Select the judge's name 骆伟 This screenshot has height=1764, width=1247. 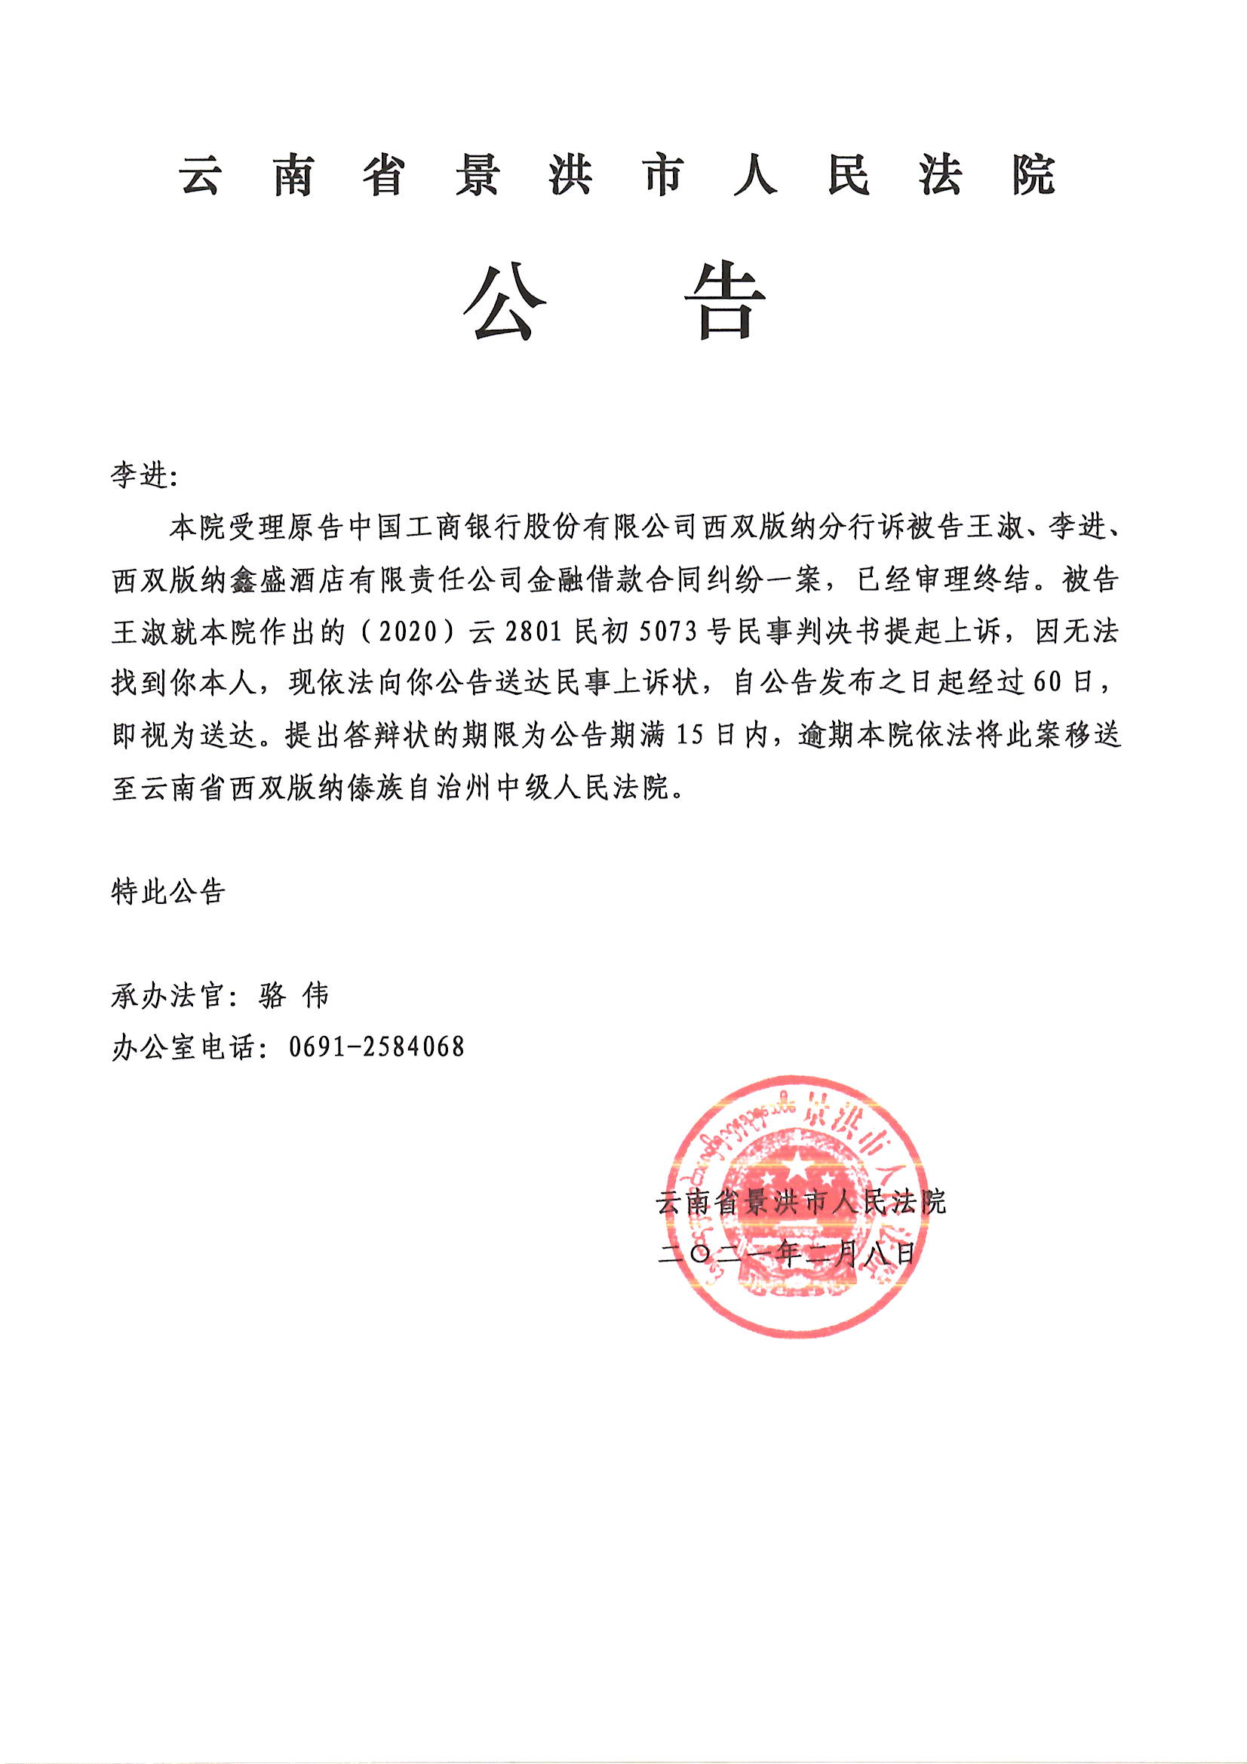[x=295, y=996]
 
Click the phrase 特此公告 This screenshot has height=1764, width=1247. [x=168, y=892]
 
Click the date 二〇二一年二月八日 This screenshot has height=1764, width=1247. [x=787, y=1254]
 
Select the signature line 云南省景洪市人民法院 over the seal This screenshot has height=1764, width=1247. [x=800, y=1203]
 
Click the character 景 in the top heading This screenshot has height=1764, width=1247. [x=477, y=176]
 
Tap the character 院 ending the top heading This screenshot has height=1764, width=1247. [x=1033, y=176]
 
